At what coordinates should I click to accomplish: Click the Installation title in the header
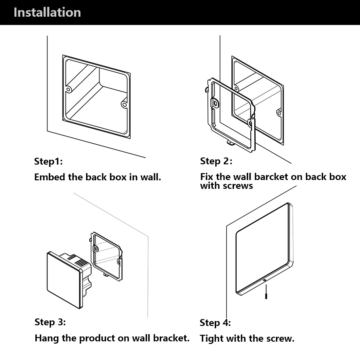[x=47, y=12]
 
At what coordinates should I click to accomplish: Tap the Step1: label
[x=48, y=161]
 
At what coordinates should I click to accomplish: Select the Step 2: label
[x=216, y=161]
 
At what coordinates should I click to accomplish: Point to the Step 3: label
[x=50, y=322]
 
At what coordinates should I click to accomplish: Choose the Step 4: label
[x=215, y=323]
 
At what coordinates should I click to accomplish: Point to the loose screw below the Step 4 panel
[x=266, y=293]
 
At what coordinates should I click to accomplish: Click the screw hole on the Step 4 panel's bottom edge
[x=264, y=280]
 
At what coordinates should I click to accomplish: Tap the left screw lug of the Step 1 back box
[x=68, y=89]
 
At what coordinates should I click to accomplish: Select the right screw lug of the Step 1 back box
[x=124, y=104]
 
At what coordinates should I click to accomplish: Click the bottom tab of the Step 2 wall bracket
[x=229, y=142]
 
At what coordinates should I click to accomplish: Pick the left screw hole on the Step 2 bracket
[x=216, y=103]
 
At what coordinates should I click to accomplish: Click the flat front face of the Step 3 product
[x=64, y=280]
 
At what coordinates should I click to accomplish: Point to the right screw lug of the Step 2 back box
[x=279, y=113]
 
